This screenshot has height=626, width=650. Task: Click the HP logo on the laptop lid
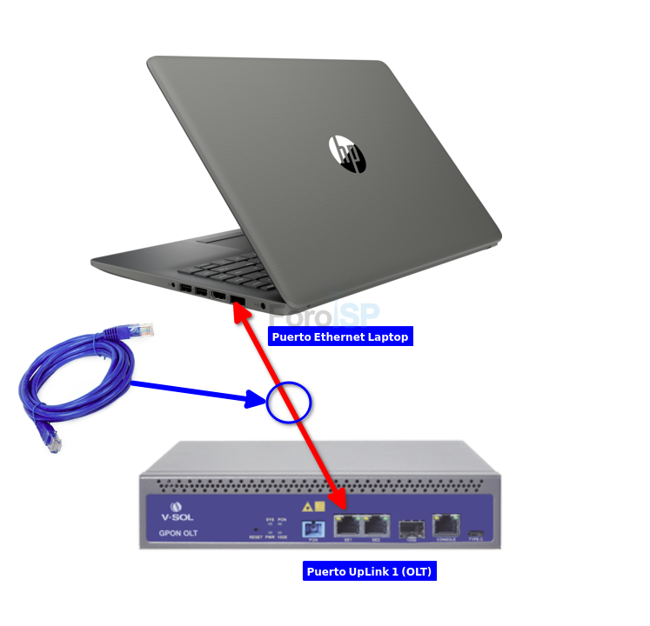coord(347,154)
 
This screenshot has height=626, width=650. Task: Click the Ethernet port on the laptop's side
coord(238,300)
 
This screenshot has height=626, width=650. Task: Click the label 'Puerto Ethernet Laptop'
coord(339,336)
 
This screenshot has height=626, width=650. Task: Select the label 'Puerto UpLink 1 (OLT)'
coord(369,571)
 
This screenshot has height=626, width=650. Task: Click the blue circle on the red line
coord(289,402)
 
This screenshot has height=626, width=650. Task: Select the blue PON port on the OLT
coord(312,529)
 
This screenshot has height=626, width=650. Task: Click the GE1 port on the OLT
coord(348,525)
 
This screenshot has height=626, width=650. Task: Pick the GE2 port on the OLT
coord(376,525)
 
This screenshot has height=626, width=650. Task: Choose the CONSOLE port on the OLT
coord(446,524)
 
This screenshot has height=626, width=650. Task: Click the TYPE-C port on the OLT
coord(475,532)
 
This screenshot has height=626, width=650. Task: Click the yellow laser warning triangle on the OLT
coord(307,506)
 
